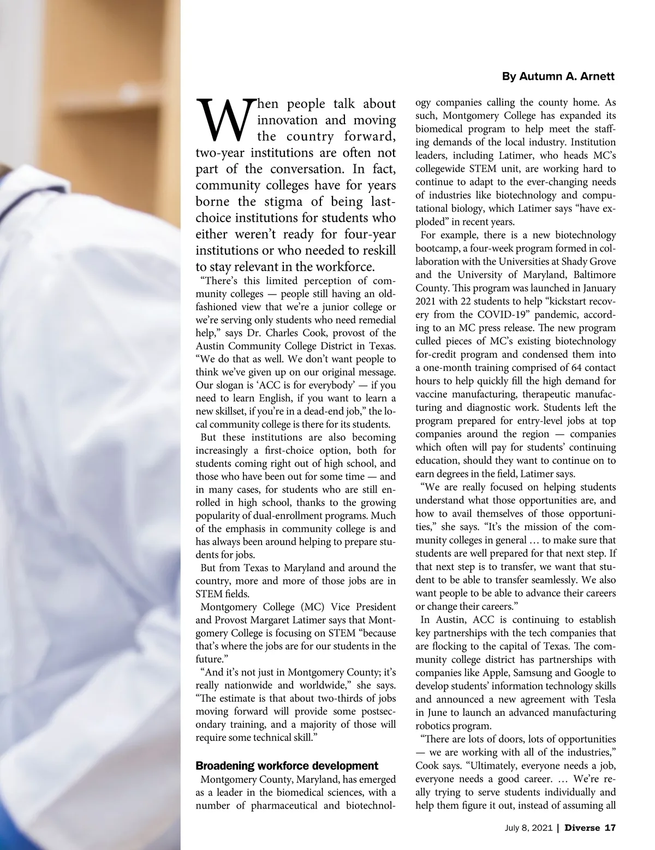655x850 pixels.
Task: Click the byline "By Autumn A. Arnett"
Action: pyautogui.click(x=558, y=77)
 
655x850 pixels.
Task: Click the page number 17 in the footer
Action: pyautogui.click(x=610, y=828)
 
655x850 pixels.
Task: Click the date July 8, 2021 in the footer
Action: pyautogui.click(x=528, y=828)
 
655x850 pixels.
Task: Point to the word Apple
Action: pyautogui.click(x=491, y=673)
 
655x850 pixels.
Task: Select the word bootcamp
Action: pyautogui.click(x=436, y=248)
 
